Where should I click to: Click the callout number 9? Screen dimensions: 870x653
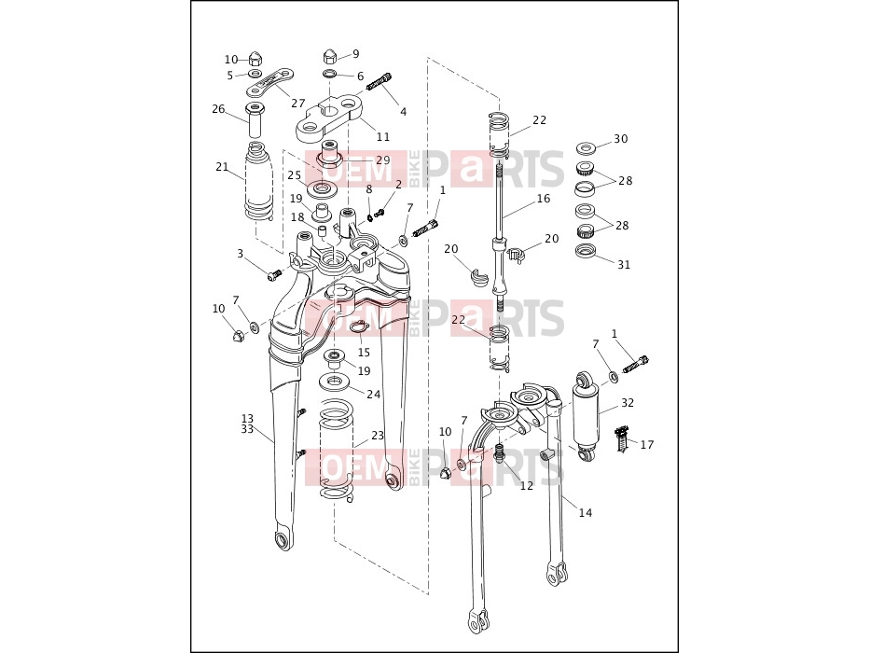(355, 54)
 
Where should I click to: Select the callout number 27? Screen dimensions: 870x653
(298, 104)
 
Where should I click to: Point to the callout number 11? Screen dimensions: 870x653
(383, 136)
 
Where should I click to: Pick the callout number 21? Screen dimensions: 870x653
(222, 167)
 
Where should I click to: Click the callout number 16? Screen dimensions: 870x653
(544, 198)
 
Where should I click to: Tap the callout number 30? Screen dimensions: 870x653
(621, 139)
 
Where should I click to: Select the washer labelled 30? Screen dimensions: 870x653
(586, 148)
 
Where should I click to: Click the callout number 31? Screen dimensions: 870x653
(624, 265)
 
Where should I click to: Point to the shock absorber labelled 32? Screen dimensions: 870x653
(586, 416)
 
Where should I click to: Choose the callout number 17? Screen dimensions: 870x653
(647, 445)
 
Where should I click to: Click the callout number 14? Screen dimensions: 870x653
(586, 513)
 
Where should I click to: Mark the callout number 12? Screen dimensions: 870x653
(527, 486)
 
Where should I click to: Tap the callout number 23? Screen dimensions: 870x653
(378, 436)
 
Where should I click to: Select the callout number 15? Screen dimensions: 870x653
(364, 353)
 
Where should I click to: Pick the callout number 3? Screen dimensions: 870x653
(240, 254)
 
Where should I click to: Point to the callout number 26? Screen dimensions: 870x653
(218, 109)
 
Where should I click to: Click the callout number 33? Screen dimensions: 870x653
(247, 429)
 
